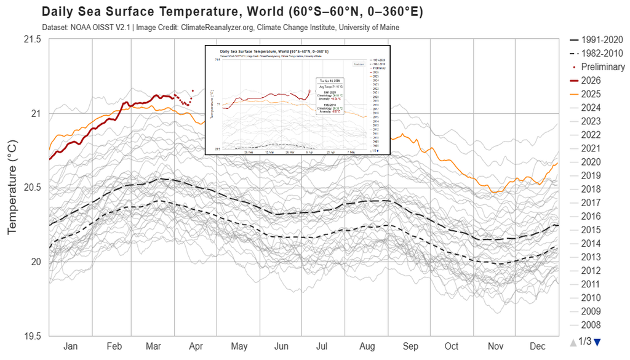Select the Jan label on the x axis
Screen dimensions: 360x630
(x=71, y=346)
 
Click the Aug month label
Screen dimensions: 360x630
(x=367, y=346)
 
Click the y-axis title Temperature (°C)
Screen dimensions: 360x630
(x=12, y=188)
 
